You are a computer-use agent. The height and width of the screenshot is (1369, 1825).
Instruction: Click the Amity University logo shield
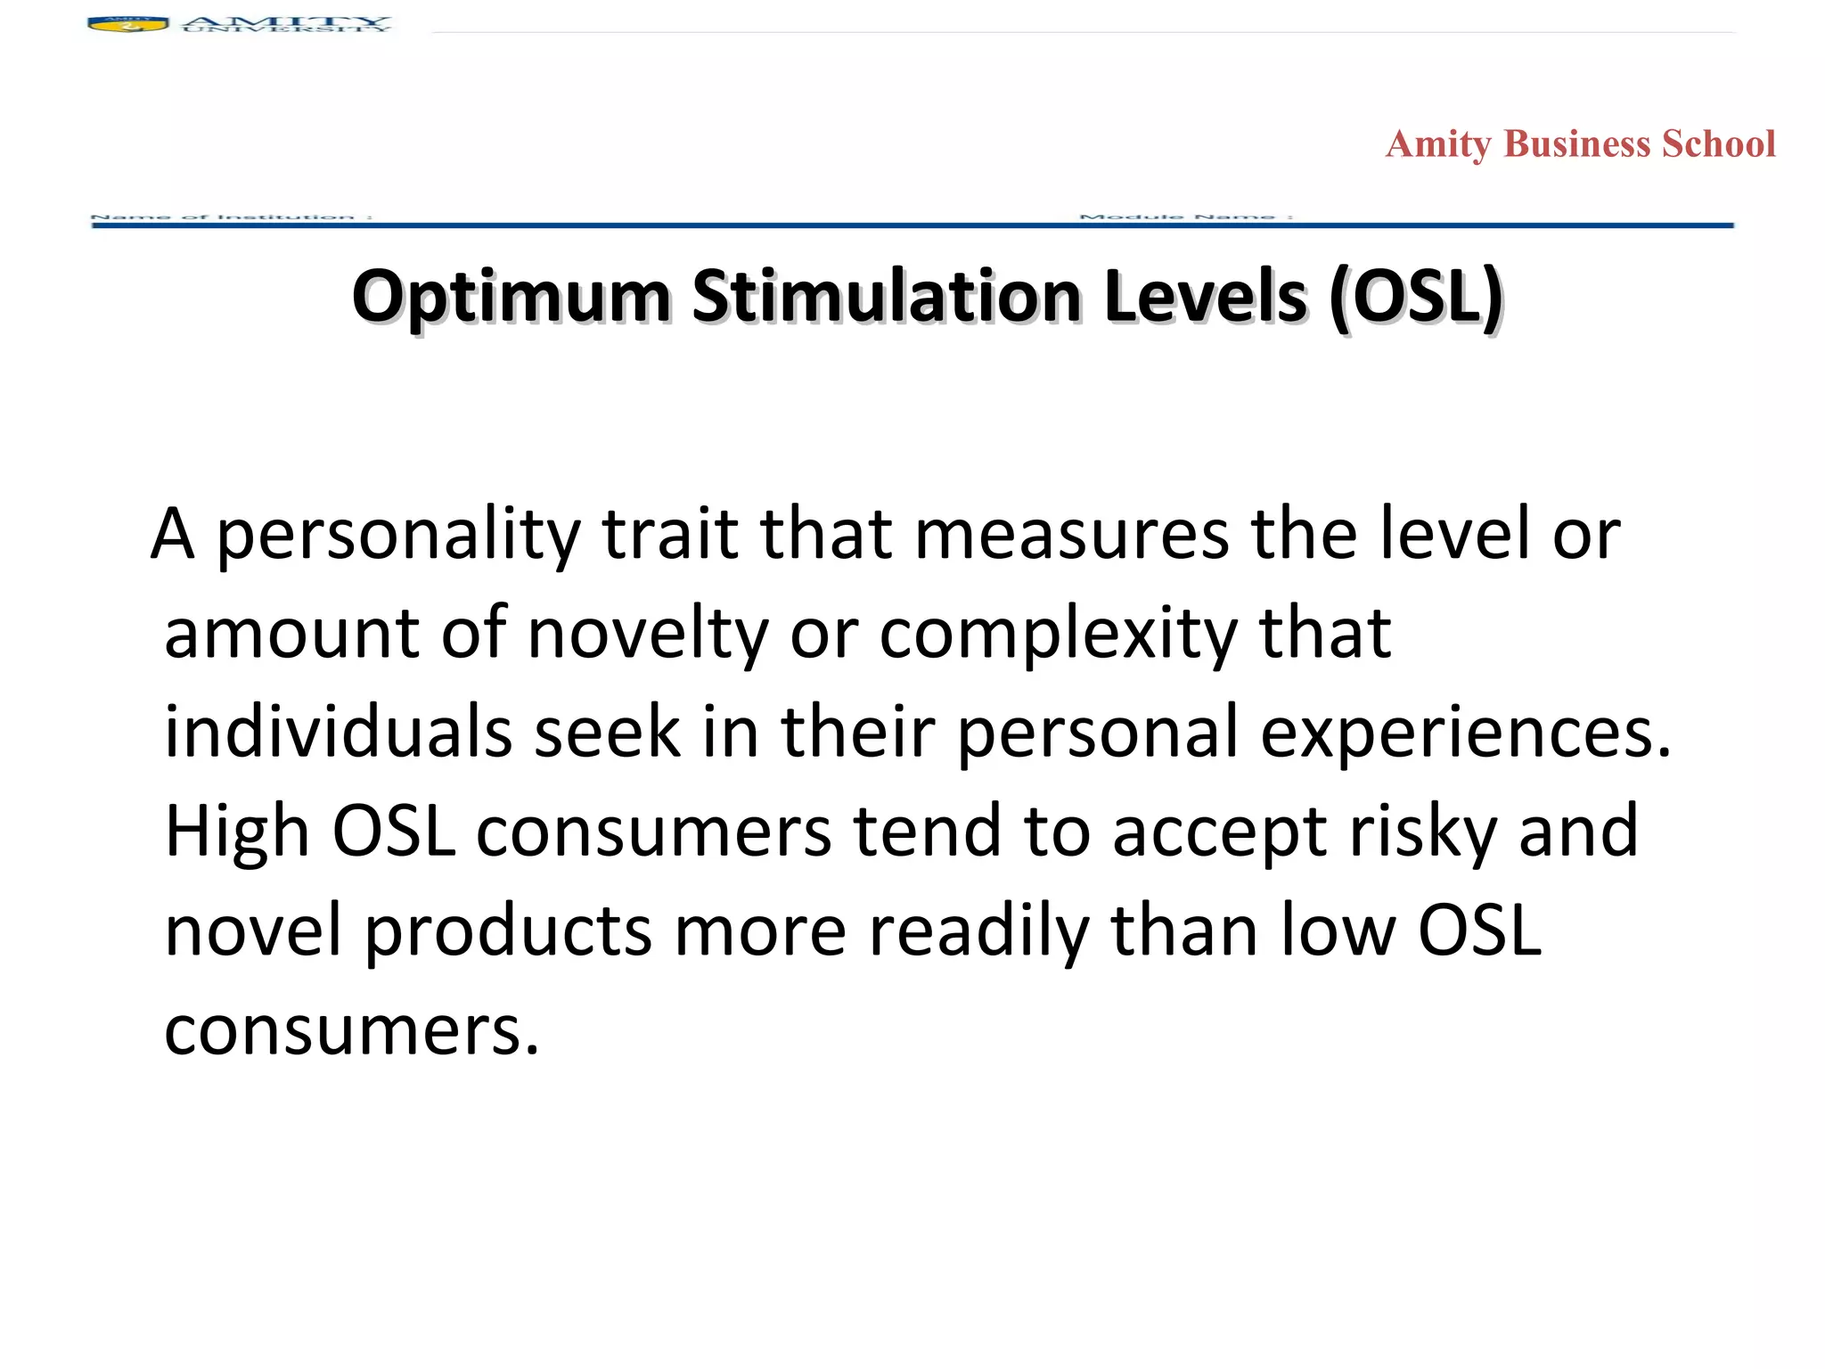point(127,24)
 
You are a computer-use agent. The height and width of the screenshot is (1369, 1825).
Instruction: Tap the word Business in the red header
point(1576,144)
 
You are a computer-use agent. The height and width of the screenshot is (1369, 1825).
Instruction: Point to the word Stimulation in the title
point(888,298)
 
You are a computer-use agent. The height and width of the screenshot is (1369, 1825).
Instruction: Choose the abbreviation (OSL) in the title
point(1415,298)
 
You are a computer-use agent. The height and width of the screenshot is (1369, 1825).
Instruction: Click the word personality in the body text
point(398,535)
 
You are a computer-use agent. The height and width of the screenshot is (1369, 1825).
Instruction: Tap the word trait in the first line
point(669,535)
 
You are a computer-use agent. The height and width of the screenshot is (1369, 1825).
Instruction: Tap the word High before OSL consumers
point(237,831)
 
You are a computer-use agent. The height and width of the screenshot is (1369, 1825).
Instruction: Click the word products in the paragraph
point(509,930)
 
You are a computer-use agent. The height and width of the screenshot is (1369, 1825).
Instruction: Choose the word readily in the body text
point(978,930)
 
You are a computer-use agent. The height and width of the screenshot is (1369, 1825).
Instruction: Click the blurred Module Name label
point(1185,217)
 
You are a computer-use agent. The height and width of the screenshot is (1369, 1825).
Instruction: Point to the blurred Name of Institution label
point(231,217)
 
